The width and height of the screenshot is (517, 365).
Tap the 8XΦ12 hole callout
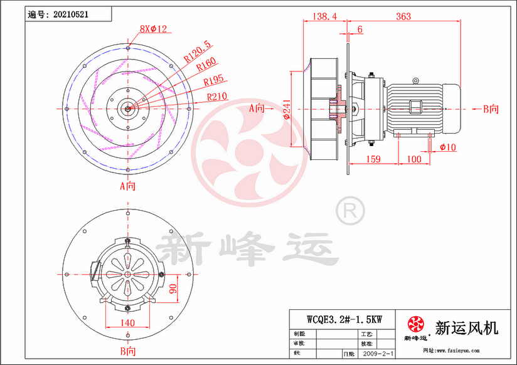pos(152,28)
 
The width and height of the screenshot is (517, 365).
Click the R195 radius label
pos(215,82)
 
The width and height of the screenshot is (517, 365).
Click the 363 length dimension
pos(403,16)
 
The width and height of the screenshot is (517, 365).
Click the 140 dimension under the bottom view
pos(127,323)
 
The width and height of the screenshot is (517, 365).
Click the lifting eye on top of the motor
pos(415,80)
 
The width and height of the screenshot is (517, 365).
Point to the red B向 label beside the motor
pos(490,108)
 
